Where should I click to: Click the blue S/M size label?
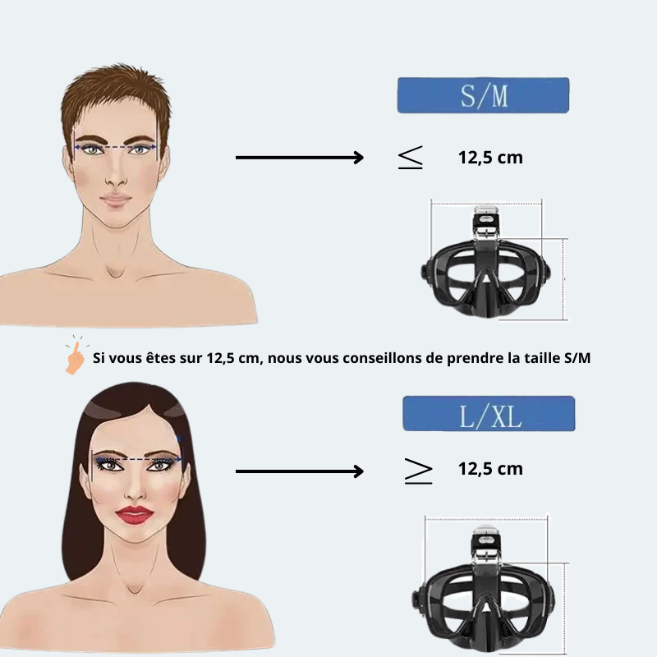tap(483, 95)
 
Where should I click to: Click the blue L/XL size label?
tap(489, 414)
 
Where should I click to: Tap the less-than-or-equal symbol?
tap(410, 157)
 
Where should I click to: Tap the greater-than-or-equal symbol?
tap(418, 471)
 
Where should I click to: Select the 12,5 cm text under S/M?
tap(490, 158)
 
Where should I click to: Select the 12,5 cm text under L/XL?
tap(490, 469)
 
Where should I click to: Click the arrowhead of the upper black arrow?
tap(359, 158)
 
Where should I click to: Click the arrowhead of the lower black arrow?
tap(359, 471)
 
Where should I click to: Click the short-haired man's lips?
tap(116, 199)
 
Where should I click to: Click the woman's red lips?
tap(135, 515)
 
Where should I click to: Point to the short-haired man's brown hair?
tap(116, 96)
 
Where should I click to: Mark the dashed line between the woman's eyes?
tap(137, 459)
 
